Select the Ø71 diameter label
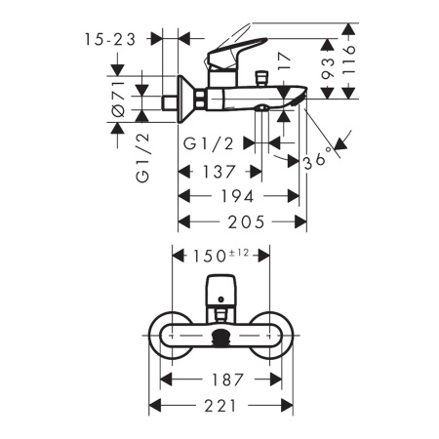click(x=118, y=98)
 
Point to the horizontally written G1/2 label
click(x=208, y=143)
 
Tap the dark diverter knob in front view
click(x=220, y=338)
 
